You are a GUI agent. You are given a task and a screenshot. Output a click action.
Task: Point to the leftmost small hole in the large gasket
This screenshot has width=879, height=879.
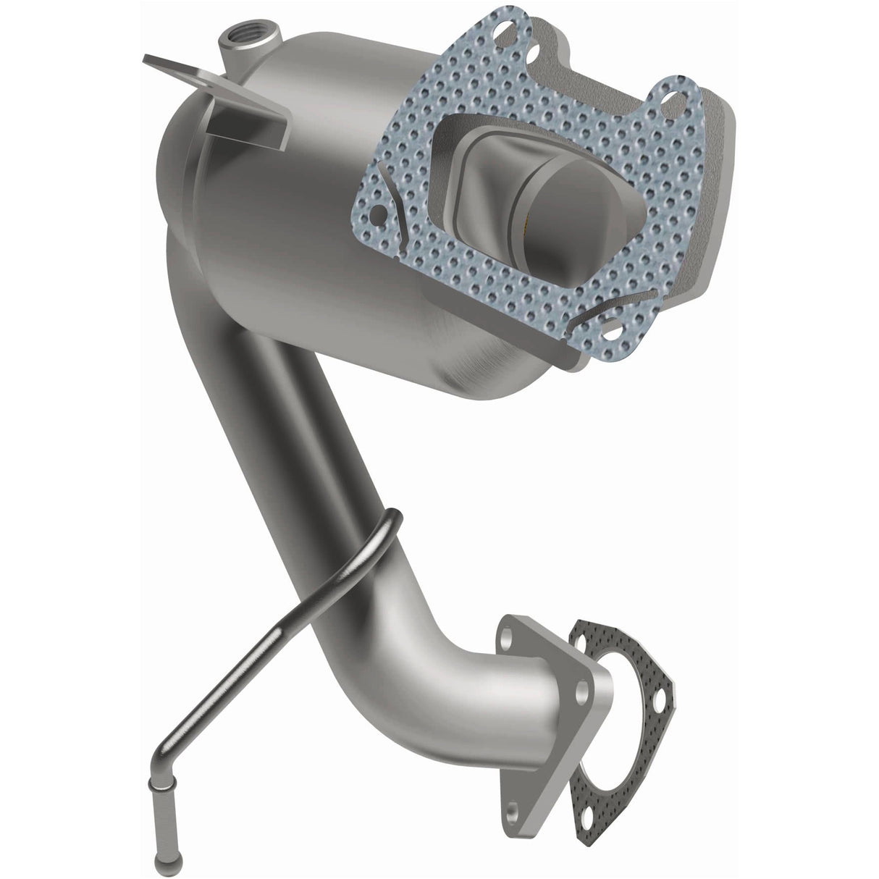tap(376, 214)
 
